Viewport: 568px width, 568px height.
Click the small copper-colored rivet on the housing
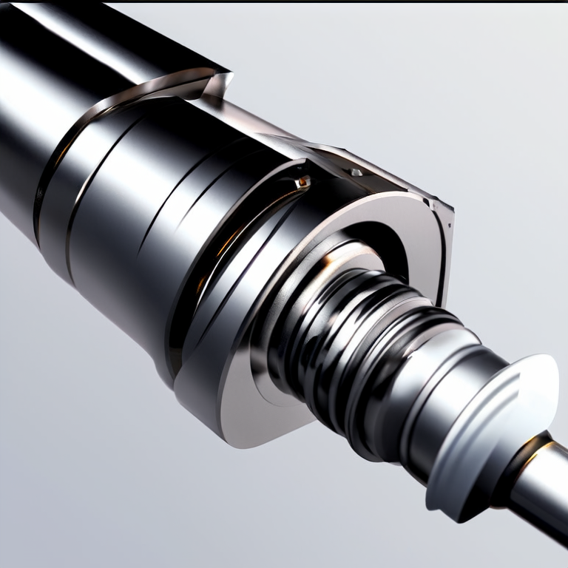301,180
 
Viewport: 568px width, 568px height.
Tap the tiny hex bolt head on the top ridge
356,172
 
